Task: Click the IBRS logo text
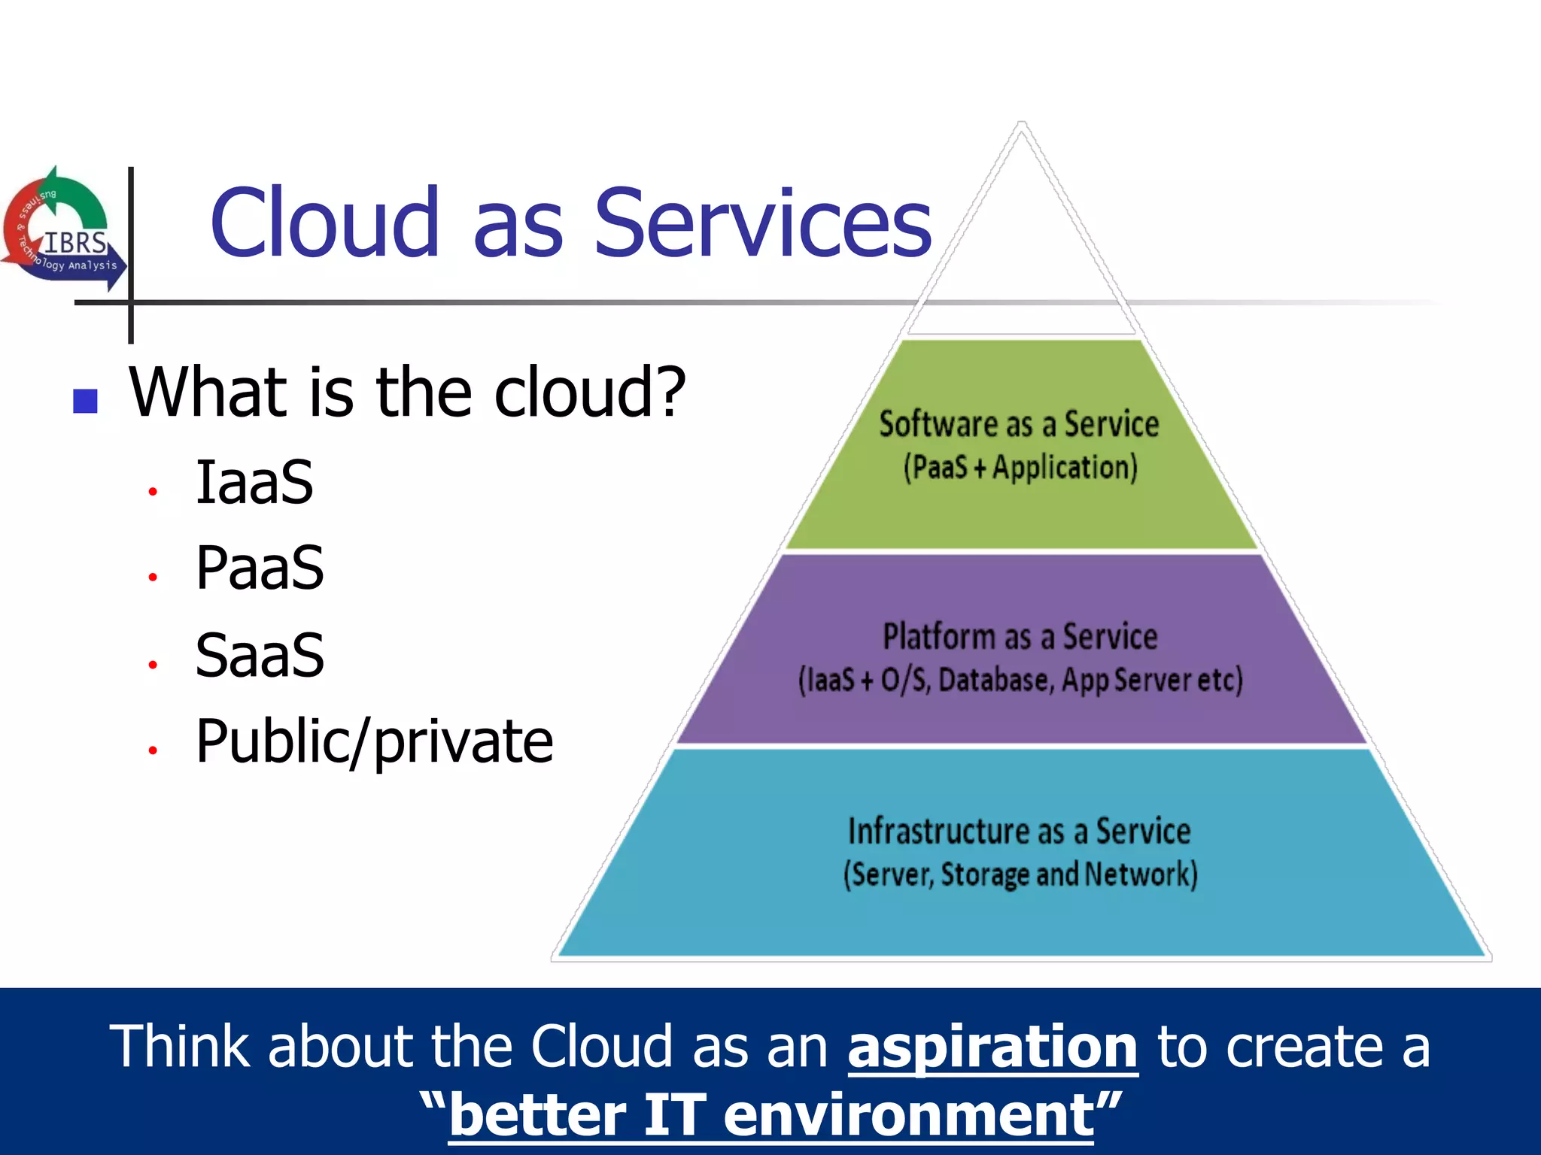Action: point(75,242)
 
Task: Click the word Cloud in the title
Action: point(324,223)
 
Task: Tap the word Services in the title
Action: point(763,223)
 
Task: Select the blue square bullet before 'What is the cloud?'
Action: point(86,401)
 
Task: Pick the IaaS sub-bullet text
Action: point(254,482)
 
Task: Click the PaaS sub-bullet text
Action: point(260,568)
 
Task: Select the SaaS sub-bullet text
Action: point(260,655)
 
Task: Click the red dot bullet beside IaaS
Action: point(153,492)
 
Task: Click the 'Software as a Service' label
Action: point(1019,425)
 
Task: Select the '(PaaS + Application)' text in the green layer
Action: point(1020,468)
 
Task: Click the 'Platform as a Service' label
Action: point(1020,637)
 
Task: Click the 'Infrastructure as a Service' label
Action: point(1020,832)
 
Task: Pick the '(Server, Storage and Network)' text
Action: point(1020,875)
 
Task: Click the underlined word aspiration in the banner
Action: point(992,1047)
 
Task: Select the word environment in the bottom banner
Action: point(908,1115)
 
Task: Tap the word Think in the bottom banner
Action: point(179,1047)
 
